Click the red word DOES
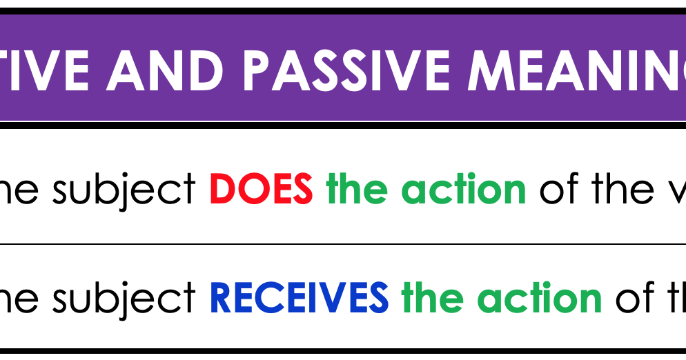tap(261, 189)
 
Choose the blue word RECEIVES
tap(299, 298)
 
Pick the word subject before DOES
tap(124, 190)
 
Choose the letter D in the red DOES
tap(221, 189)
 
